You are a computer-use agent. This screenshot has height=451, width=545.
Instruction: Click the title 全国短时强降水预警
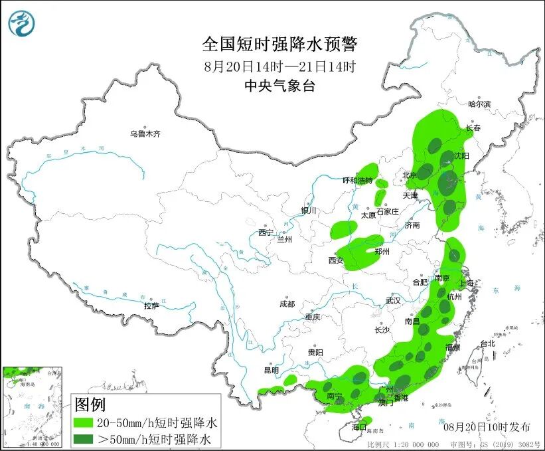coord(279,45)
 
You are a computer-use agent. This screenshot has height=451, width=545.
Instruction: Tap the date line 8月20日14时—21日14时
coord(279,66)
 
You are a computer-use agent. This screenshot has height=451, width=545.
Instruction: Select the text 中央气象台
coord(279,85)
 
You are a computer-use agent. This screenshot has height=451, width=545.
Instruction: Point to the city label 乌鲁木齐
coord(145,134)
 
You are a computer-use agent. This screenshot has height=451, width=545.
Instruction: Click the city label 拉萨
coord(151,306)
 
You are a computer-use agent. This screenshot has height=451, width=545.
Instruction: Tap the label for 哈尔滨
coord(479,104)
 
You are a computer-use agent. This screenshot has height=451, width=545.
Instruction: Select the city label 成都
coord(287,304)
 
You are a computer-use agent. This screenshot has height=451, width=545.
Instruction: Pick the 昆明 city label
coord(272,369)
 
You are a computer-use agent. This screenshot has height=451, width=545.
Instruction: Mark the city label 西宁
coord(266,232)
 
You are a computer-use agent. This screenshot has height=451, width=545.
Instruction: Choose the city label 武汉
coord(393,300)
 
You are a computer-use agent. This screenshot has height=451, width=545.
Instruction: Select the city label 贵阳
coord(315,352)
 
